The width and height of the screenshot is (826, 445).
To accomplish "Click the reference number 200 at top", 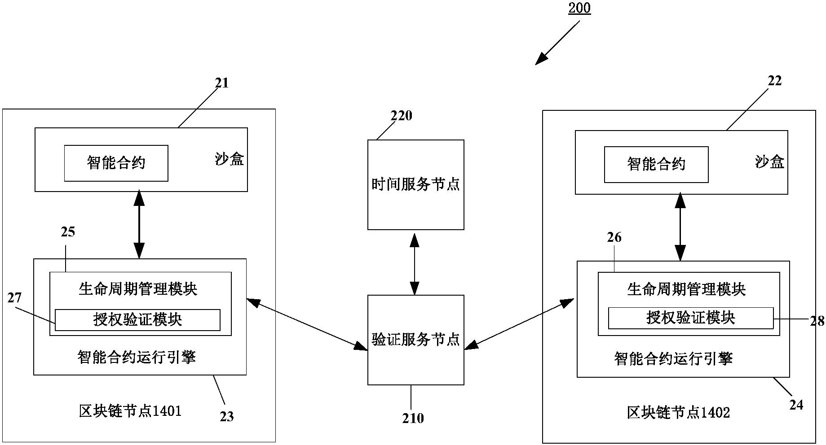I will (579, 8).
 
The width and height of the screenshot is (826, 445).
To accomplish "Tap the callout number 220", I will (401, 116).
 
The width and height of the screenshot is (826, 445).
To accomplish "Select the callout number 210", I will (413, 418).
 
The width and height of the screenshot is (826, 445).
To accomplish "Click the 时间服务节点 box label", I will (415, 184).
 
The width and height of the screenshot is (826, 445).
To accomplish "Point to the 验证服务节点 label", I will (415, 340).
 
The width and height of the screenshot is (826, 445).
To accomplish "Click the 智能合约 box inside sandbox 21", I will (116, 163).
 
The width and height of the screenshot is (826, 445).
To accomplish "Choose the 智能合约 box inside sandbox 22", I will (656, 164).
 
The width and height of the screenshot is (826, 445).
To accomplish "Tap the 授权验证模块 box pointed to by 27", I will (137, 320).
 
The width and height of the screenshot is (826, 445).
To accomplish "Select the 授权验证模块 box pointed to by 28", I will (690, 318).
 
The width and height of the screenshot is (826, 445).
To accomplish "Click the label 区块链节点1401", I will (130, 411).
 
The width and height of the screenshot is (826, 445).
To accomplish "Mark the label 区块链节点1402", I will (678, 412).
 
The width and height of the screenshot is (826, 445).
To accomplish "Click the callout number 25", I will (68, 232).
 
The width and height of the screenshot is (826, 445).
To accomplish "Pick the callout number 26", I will (614, 237).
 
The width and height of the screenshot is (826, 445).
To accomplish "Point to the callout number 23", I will (227, 417).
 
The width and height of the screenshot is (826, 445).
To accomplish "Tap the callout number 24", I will (796, 405).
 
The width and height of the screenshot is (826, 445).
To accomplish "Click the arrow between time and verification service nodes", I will (414, 262).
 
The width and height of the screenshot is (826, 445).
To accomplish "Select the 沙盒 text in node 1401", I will (229, 159).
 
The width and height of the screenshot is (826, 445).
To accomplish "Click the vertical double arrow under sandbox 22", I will (680, 227).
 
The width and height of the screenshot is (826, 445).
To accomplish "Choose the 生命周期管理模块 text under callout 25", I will (138, 288).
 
